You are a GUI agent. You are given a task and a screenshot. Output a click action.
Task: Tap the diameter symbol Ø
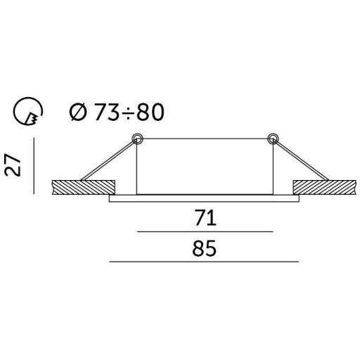[78, 112]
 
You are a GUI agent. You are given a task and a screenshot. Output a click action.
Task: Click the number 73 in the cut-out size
[106, 112]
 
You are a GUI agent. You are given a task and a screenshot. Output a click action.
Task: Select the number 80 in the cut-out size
[150, 112]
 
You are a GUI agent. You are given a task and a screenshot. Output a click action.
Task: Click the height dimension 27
[13, 165]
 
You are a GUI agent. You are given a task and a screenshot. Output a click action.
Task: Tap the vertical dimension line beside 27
[34, 166]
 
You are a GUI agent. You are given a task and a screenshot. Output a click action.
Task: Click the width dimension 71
[205, 218]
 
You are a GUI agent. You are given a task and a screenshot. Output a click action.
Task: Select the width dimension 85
[204, 248]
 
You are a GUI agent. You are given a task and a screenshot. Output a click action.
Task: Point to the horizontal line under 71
[205, 231]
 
